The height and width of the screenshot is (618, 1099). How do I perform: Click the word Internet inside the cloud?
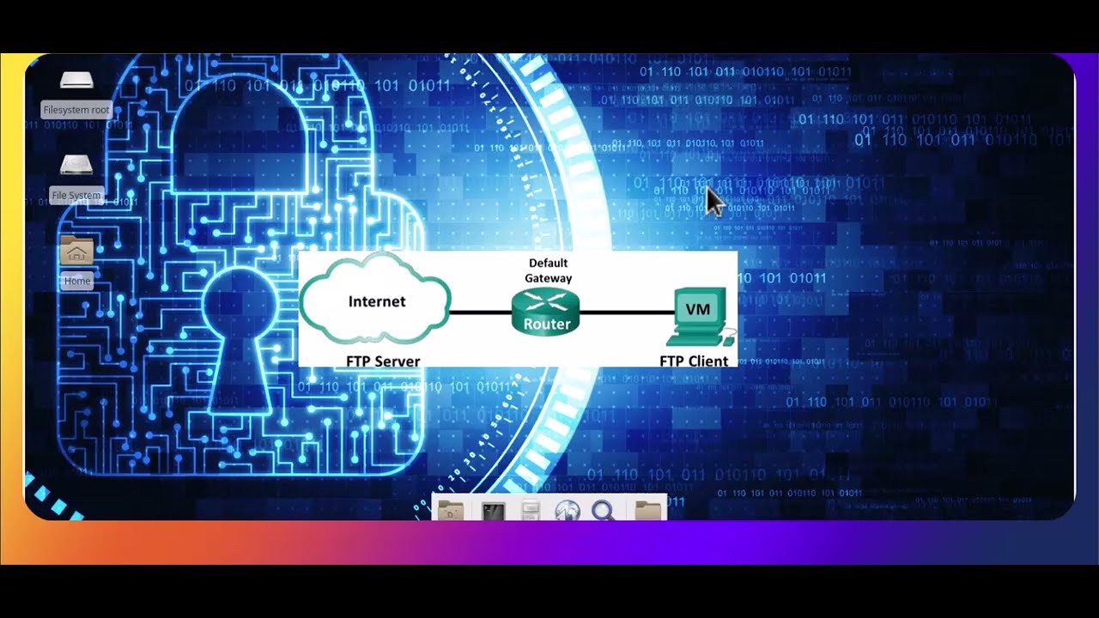(376, 301)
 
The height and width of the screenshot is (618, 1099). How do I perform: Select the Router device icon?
(546, 312)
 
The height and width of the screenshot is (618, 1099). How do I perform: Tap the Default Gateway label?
(548, 270)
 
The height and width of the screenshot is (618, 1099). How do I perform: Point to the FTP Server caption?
(383, 361)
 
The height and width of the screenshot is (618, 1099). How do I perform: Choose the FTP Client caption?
(694, 361)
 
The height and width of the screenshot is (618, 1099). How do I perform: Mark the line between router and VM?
(627, 312)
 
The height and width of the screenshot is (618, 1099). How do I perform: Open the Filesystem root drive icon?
(76, 82)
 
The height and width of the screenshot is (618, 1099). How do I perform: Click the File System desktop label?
(76, 196)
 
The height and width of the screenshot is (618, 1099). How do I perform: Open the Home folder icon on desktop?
(76, 251)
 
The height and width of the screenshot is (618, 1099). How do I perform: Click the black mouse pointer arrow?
(713, 202)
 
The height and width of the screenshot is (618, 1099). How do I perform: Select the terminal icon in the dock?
(493, 511)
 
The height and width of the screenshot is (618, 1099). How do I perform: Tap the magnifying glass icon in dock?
(604, 511)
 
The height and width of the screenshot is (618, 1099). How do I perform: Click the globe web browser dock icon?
(567, 511)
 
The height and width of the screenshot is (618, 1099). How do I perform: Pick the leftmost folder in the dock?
(450, 511)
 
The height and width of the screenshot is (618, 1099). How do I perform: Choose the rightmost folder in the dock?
(648, 511)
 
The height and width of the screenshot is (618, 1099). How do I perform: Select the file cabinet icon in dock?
(531, 511)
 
